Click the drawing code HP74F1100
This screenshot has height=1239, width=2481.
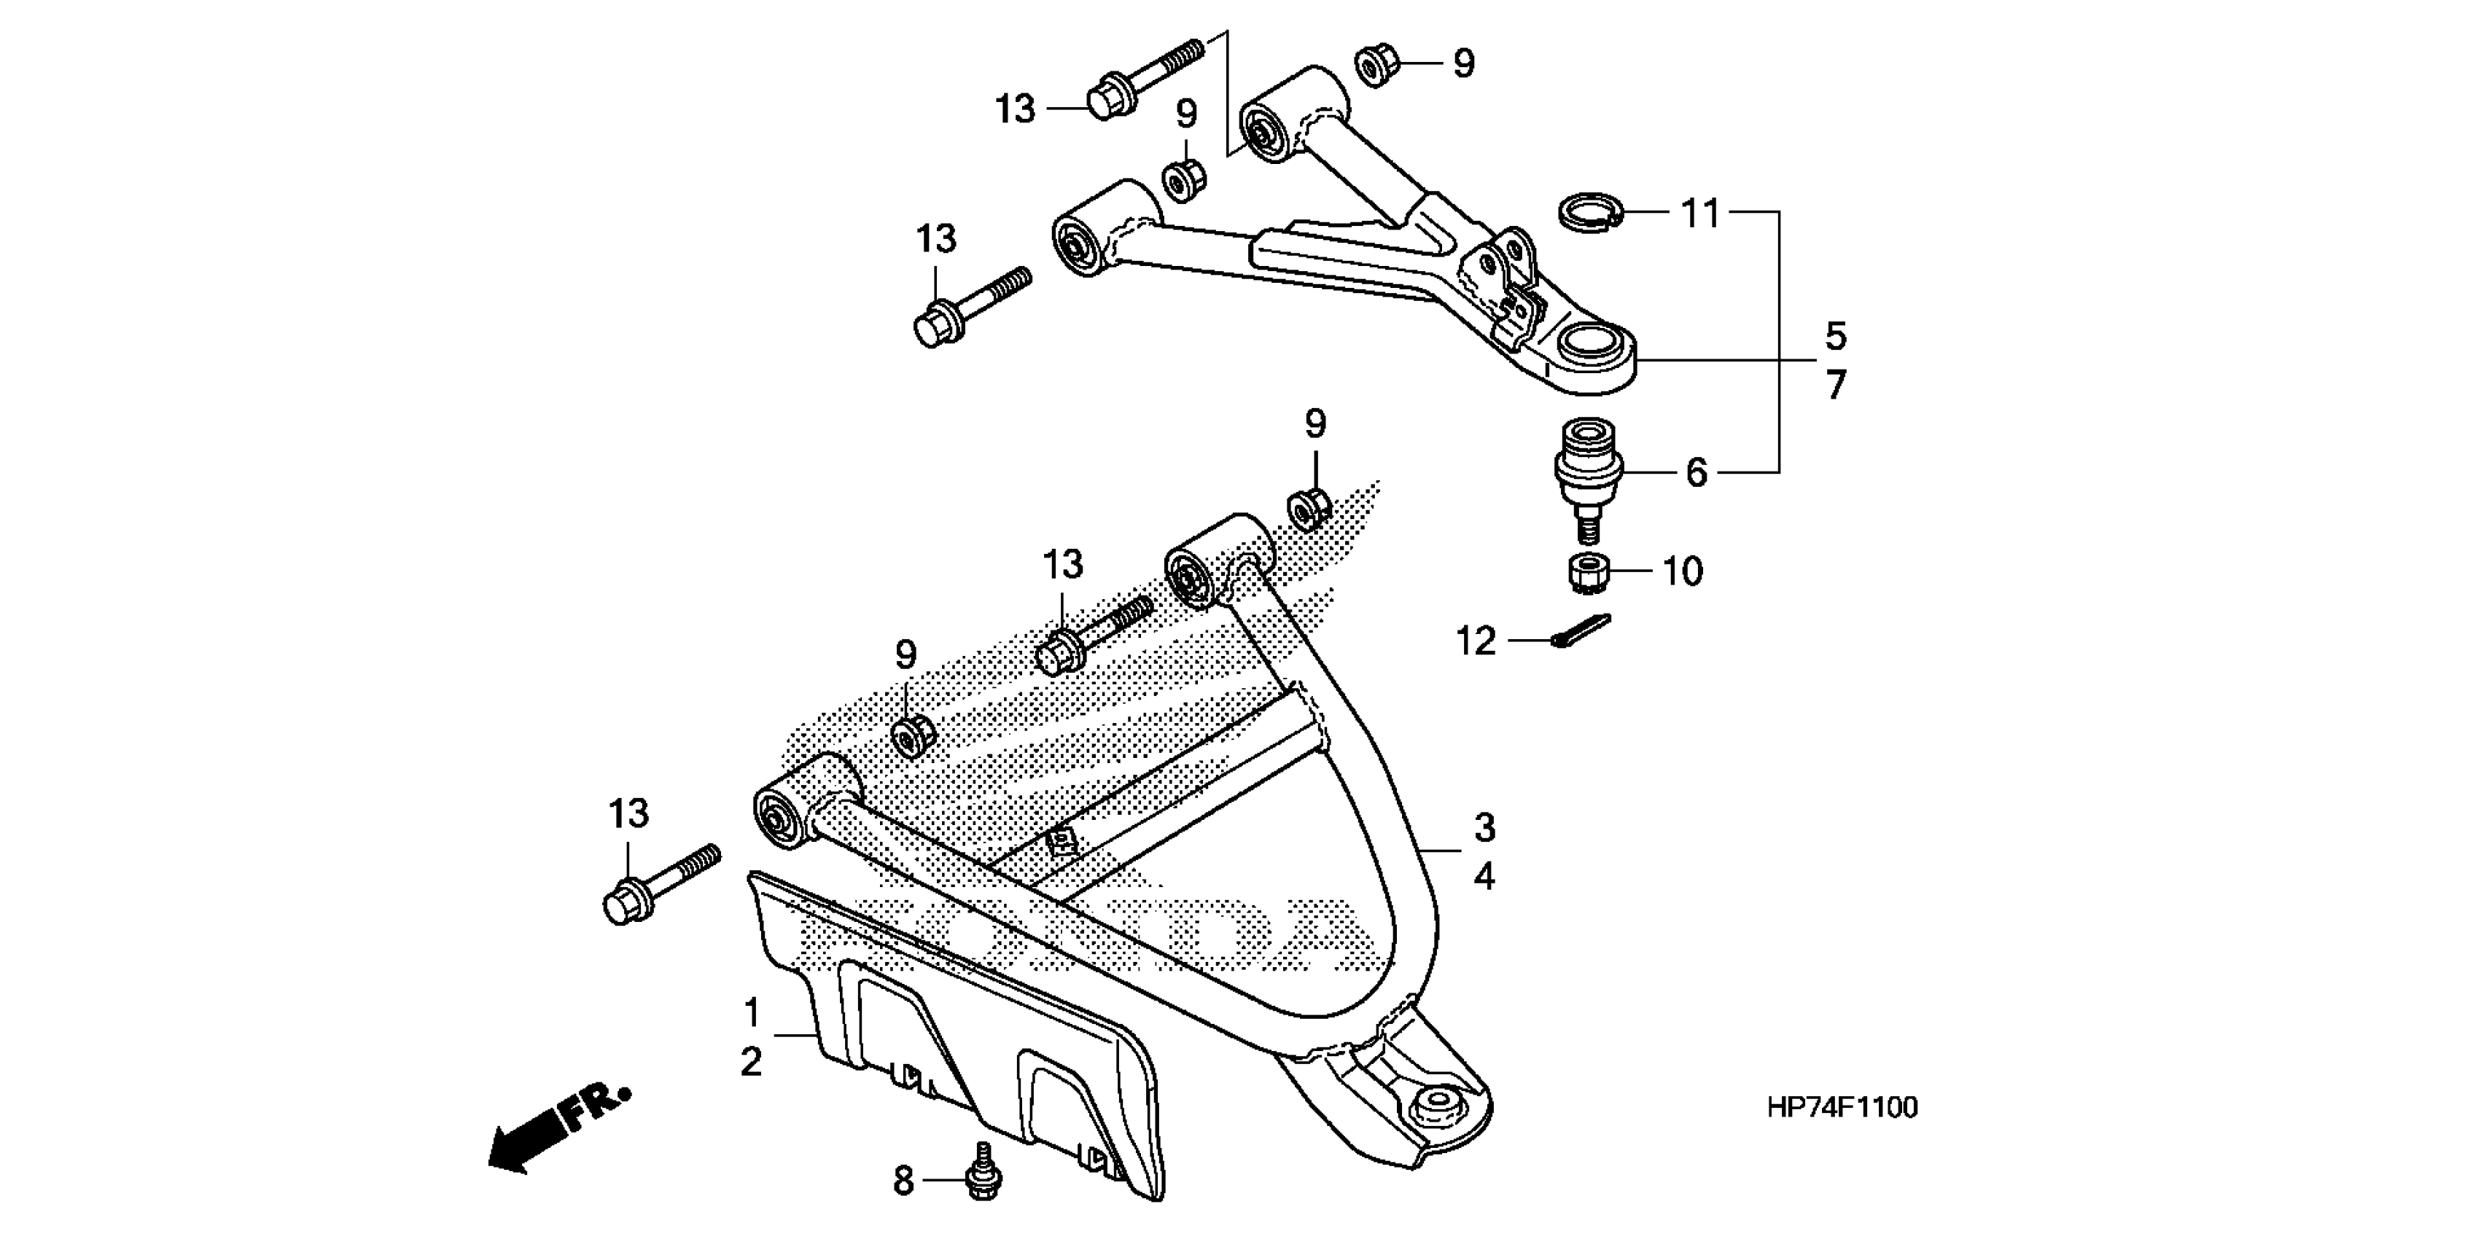[1842, 1108]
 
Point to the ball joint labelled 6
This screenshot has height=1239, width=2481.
[1588, 472]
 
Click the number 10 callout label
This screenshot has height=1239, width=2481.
[1683, 572]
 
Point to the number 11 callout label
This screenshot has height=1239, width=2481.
[1700, 213]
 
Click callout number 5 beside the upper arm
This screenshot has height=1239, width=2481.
[1836, 337]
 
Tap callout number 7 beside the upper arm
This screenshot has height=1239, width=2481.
[1836, 386]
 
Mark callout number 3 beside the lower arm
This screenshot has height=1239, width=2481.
[1484, 827]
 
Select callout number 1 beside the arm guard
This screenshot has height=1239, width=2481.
[752, 1013]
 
